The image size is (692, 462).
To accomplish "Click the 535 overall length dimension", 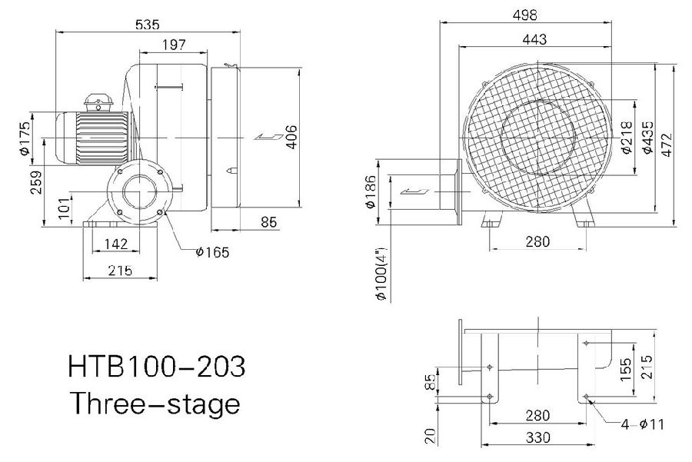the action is coord(148,25).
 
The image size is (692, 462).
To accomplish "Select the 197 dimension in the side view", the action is coord(174,45).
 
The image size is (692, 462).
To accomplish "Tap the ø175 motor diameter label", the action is coord(25,138).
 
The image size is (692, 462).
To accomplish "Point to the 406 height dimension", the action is coord(292,138).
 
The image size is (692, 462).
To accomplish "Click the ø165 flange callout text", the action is coord(213,252).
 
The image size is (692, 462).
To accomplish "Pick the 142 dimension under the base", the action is coord(117,244).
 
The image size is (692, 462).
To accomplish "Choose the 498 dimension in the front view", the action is coord(524,15).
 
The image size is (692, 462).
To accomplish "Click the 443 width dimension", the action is coord(534,39).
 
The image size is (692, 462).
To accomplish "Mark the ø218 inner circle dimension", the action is coord(627,138).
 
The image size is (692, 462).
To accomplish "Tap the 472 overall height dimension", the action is coord(667,145).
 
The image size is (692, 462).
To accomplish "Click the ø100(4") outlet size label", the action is coord(381,273).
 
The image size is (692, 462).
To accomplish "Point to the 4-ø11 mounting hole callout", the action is coord(642,424).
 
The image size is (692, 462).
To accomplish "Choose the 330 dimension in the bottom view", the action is coord(538,437).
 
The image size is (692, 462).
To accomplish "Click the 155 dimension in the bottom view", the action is coord(626,369).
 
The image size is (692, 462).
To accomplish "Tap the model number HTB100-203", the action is coord(156,366).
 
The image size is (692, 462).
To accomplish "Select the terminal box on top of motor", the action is coord(99,104).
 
